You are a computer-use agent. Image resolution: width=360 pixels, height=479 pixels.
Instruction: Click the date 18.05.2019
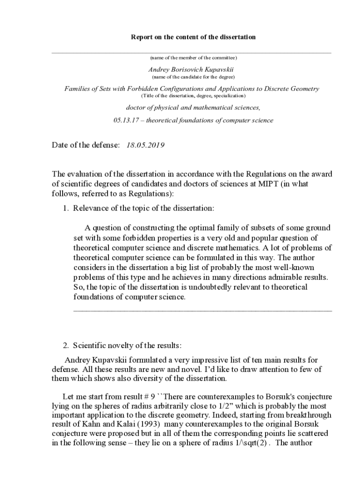(x=145, y=145)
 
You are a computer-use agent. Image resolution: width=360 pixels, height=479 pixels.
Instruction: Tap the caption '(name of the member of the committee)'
(x=193, y=58)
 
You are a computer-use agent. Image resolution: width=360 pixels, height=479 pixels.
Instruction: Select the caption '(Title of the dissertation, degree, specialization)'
(x=193, y=95)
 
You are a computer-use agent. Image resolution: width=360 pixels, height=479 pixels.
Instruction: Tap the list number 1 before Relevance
(x=65, y=208)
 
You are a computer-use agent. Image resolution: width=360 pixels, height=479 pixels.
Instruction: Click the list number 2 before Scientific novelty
(x=65, y=346)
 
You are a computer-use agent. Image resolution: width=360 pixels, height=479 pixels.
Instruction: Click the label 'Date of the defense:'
(x=86, y=145)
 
